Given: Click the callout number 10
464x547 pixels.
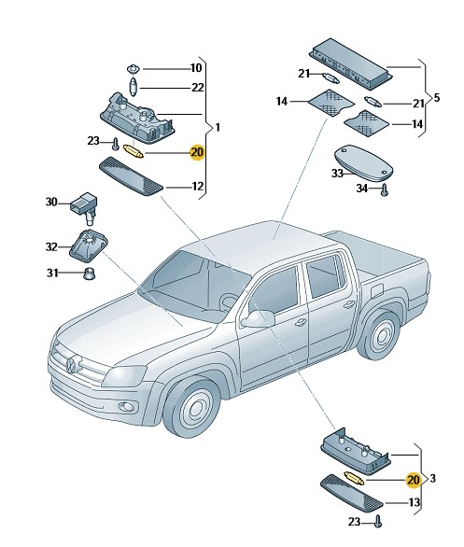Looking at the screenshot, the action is click(196, 68).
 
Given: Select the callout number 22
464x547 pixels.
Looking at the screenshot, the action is click(198, 87).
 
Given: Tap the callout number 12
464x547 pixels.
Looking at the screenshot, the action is click(198, 187).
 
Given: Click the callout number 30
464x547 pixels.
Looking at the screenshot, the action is click(51, 202).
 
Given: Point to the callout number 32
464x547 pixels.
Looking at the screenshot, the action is click(51, 246).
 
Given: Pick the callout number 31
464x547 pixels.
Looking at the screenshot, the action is click(52, 273).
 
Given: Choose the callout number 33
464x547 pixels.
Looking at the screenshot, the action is click(337, 173).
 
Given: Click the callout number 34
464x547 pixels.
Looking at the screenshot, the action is click(362, 189).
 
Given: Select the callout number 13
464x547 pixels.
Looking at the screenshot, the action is click(415, 502).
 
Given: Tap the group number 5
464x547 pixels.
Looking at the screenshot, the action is click(436, 98).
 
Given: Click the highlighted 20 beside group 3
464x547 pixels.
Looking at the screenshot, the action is click(413, 480).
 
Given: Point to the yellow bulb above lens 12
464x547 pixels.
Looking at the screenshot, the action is click(134, 152).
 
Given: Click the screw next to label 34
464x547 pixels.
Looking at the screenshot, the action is click(385, 190).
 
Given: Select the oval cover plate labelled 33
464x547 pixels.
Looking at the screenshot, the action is click(363, 163).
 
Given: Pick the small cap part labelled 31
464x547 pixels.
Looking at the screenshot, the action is click(89, 273).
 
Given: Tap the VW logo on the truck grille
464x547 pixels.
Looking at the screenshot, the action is click(72, 365).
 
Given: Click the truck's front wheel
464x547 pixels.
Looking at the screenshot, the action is click(192, 408).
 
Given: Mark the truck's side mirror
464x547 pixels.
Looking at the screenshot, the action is click(258, 318).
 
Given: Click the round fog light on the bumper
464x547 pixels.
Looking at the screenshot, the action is click(126, 406).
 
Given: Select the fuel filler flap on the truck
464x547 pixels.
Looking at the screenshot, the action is click(377, 289).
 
